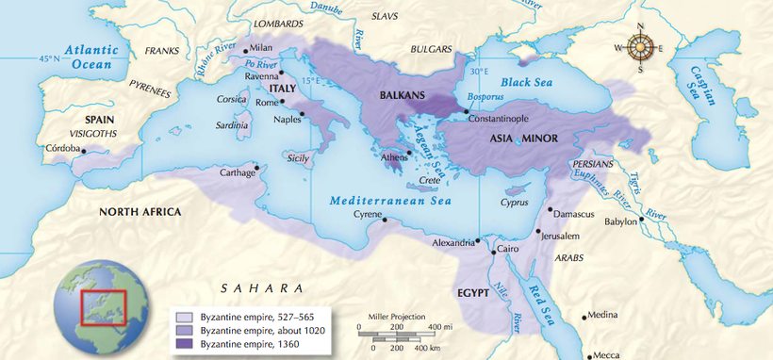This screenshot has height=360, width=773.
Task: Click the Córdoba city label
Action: coord(63,148)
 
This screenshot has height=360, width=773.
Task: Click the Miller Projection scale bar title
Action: coord(394,317)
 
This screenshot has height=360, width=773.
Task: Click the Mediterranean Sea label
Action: coord(390,200)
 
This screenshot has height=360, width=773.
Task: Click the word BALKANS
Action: coord(403,95)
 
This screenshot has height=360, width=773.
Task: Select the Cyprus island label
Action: coord(515,202)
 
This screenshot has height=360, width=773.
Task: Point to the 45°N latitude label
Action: coord(49,59)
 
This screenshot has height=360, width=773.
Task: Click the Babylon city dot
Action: coord(642,220)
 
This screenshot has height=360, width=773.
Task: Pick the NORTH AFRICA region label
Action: coord(140,212)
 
